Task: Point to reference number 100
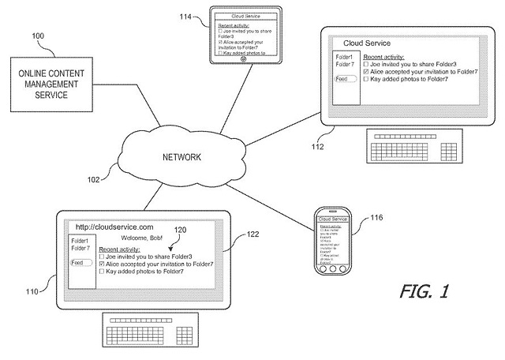click(38, 36)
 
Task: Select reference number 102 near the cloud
click(93, 179)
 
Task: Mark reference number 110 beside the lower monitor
click(31, 291)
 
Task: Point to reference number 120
click(181, 229)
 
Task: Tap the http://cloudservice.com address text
click(113, 227)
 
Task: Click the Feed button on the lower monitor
click(78, 263)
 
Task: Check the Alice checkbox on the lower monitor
click(102, 264)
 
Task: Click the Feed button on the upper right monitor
click(341, 79)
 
